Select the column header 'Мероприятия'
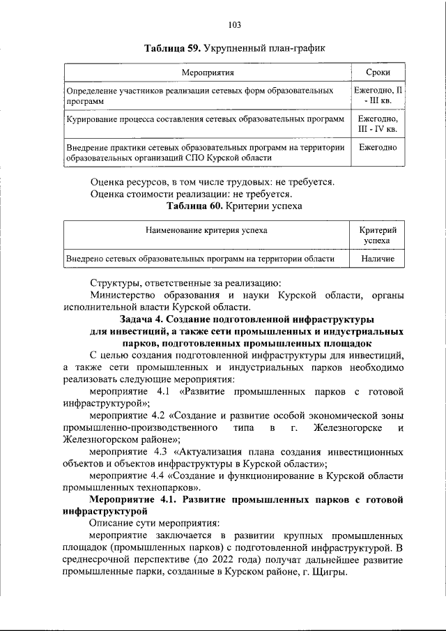point(207,73)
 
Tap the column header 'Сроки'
point(378,73)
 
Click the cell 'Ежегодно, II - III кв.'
point(378,96)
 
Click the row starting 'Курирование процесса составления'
point(205,119)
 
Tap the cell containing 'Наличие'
point(378,259)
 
